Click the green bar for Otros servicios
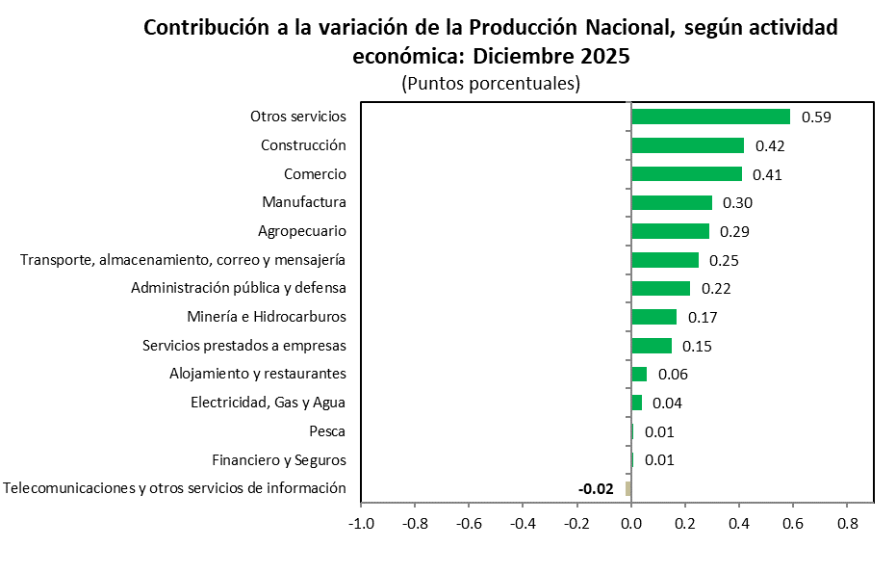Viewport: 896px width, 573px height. [x=710, y=117]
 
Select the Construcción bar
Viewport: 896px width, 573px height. [x=687, y=145]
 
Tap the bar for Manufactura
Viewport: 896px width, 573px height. [x=671, y=202]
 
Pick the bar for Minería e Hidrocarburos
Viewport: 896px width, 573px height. [x=653, y=317]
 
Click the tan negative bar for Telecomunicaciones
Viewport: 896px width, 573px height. [x=627, y=488]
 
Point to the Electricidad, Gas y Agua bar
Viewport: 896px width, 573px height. [x=636, y=403]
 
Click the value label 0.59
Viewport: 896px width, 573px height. [x=816, y=117]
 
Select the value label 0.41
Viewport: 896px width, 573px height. [x=767, y=174]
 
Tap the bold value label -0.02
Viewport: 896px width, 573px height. [x=596, y=489]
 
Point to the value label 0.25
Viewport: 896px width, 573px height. [x=723, y=260]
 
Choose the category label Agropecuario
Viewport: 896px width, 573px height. [x=302, y=231]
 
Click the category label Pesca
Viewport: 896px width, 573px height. [x=327, y=431]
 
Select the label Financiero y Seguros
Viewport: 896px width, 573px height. [x=279, y=460]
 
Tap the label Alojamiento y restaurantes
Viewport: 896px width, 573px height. [x=258, y=374]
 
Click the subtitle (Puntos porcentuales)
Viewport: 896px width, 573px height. [x=491, y=84]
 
